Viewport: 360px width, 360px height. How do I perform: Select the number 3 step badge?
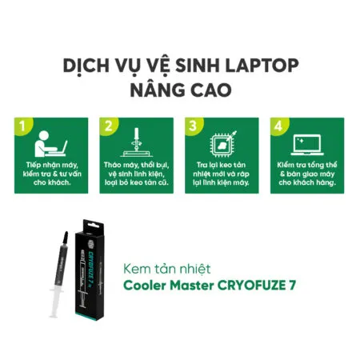click(x=191, y=126)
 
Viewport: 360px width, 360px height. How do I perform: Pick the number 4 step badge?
click(x=277, y=126)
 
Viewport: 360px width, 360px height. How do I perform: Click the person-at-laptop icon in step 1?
click(x=50, y=145)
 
